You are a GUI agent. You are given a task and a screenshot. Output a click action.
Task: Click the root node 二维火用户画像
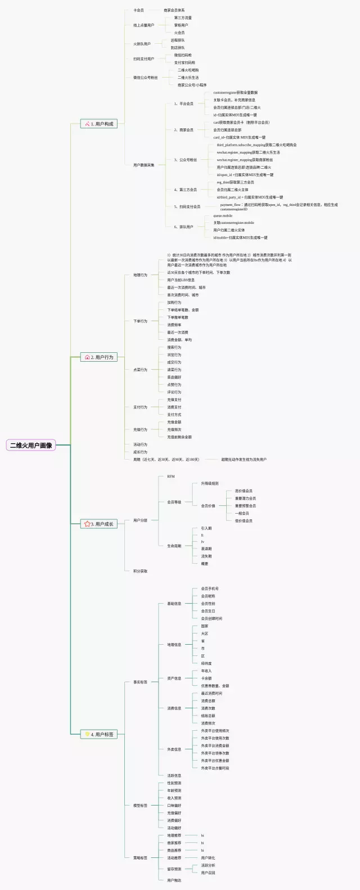coord(31,445)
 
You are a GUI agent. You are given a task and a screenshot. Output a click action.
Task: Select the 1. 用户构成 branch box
coord(100,124)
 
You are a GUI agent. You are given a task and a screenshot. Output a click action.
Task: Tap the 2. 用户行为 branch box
coord(100,357)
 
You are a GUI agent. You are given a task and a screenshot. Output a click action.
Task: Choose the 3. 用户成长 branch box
coord(100,524)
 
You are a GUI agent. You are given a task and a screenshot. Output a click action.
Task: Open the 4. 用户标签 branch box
coord(100,734)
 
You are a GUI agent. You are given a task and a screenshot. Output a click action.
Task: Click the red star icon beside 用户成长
coord(87,524)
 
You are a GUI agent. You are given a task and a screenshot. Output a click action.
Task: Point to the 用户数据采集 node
coord(143,165)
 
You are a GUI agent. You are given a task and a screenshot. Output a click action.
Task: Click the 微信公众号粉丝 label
coord(145,78)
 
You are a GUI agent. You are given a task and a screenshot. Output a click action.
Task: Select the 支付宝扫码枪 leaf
coord(184,62)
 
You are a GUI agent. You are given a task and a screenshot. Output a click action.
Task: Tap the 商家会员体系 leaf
coord(174,10)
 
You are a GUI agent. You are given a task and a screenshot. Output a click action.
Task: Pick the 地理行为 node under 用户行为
coord(140,275)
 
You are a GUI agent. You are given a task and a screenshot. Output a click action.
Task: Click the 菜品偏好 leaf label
coord(174,377)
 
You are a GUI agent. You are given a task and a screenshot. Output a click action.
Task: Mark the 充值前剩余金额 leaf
coord(179,437)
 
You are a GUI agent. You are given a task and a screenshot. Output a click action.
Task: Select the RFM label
coord(170,477)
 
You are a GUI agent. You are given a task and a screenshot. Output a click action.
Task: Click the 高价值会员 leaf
coord(244,491)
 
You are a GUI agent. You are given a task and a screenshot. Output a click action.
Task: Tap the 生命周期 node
coord(174,546)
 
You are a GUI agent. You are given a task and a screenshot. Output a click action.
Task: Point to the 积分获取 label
coord(140,571)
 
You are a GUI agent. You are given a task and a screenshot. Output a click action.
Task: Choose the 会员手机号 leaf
coord(210,588)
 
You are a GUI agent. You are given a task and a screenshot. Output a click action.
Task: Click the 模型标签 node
coord(140,806)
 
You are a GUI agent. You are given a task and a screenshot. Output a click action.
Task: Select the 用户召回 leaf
coord(208,873)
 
